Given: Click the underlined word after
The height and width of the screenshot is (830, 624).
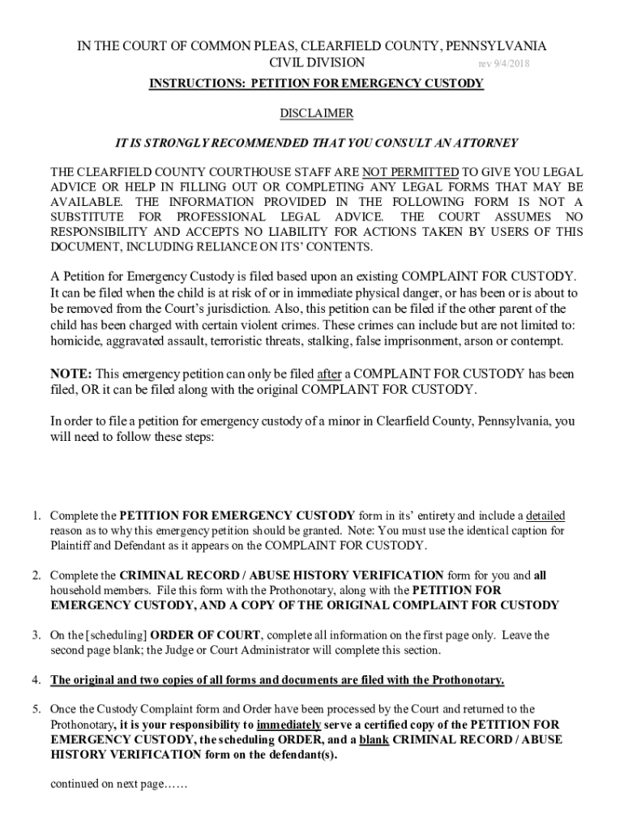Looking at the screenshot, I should coord(329,374).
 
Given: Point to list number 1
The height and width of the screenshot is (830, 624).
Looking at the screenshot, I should coord(37,516).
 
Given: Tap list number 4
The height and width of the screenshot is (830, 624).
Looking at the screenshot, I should coord(37,679).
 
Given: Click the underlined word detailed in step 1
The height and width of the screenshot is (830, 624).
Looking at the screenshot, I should coord(545,516).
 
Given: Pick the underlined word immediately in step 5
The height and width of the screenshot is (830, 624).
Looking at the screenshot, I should coord(289,725).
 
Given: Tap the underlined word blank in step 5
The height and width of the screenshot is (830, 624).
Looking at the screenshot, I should coord(378,739).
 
